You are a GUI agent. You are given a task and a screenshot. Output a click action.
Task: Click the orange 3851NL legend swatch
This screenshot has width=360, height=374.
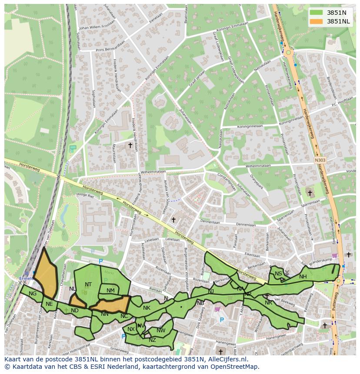point(317,21)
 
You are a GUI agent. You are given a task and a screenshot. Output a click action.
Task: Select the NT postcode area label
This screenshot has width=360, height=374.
point(88,285)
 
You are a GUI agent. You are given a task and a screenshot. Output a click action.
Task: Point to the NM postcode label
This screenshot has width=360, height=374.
point(110,291)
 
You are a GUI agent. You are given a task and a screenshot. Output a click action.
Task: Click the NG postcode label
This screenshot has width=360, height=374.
point(33,294)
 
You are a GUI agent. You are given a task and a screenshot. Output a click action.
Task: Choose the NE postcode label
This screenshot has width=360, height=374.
point(49,304)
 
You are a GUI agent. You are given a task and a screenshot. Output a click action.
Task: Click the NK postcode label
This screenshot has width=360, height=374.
point(147,308)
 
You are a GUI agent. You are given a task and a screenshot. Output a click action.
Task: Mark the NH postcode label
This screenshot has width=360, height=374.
point(303,277)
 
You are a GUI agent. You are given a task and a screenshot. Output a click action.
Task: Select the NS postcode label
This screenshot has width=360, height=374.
point(278,274)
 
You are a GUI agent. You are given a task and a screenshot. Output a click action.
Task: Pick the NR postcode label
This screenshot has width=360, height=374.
point(268,302)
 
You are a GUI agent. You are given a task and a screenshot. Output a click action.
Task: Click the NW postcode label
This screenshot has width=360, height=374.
point(161,331)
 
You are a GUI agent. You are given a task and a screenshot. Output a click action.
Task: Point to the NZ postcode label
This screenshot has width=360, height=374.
point(152,340)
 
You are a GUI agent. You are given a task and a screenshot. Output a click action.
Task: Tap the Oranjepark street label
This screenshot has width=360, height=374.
point(257,179)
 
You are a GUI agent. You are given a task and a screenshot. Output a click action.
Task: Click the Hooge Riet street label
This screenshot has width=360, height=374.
point(85,195)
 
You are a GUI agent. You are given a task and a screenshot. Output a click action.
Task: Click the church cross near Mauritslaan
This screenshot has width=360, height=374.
point(130,145)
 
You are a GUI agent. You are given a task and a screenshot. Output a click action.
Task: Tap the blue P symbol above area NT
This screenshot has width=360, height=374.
point(101,261)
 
